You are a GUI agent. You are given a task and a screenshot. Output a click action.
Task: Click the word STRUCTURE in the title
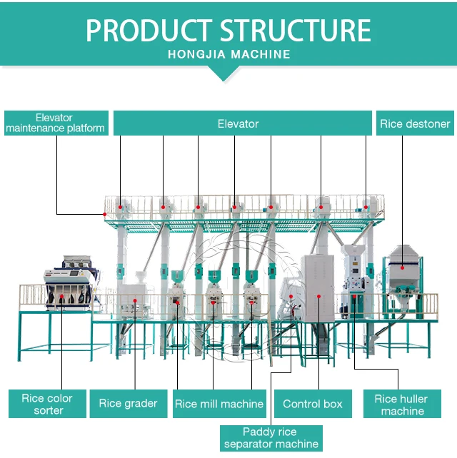[x=294, y=31]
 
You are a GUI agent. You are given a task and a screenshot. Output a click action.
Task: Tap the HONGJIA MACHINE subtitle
[x=228, y=54]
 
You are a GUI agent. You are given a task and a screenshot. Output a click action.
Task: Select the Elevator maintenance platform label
[x=56, y=123]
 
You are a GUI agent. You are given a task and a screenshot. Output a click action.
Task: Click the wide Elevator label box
[x=238, y=123]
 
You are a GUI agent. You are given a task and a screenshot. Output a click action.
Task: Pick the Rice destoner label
[x=415, y=123]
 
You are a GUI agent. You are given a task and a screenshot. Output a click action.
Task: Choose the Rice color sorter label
[x=48, y=404]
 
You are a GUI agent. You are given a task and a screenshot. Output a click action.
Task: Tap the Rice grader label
[x=128, y=404]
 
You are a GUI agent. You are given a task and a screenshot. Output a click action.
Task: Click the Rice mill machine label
[x=219, y=404]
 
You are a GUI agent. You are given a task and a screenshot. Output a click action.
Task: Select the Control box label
[x=312, y=404]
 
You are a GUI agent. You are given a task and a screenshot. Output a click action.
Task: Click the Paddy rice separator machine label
[x=271, y=438]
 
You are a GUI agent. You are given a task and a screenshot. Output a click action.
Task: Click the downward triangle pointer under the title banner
[x=223, y=72]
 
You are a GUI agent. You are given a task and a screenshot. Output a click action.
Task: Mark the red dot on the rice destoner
[x=402, y=268]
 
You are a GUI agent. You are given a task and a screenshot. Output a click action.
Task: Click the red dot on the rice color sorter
[x=62, y=290]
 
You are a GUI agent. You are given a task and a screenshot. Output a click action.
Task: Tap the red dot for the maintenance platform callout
[x=105, y=213]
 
